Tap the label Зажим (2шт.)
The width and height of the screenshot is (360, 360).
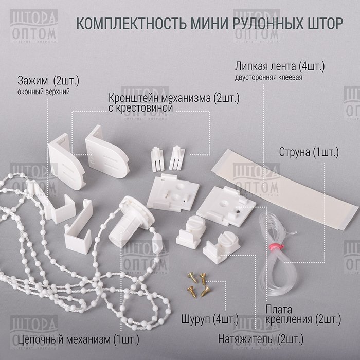[48, 81]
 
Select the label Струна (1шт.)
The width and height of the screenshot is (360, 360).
[309, 152]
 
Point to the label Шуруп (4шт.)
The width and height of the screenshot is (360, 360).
[210, 319]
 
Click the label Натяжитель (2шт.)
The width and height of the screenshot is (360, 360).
[261, 339]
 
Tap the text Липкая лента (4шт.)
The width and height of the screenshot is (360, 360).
[280, 66]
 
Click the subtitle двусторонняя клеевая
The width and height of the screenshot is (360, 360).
[268, 77]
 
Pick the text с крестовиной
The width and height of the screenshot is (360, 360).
[140, 108]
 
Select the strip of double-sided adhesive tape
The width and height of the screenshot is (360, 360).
[285, 189]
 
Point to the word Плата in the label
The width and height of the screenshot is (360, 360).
[279, 310]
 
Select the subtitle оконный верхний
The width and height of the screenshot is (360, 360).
[44, 92]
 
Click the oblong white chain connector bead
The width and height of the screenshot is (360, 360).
[158, 241]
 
